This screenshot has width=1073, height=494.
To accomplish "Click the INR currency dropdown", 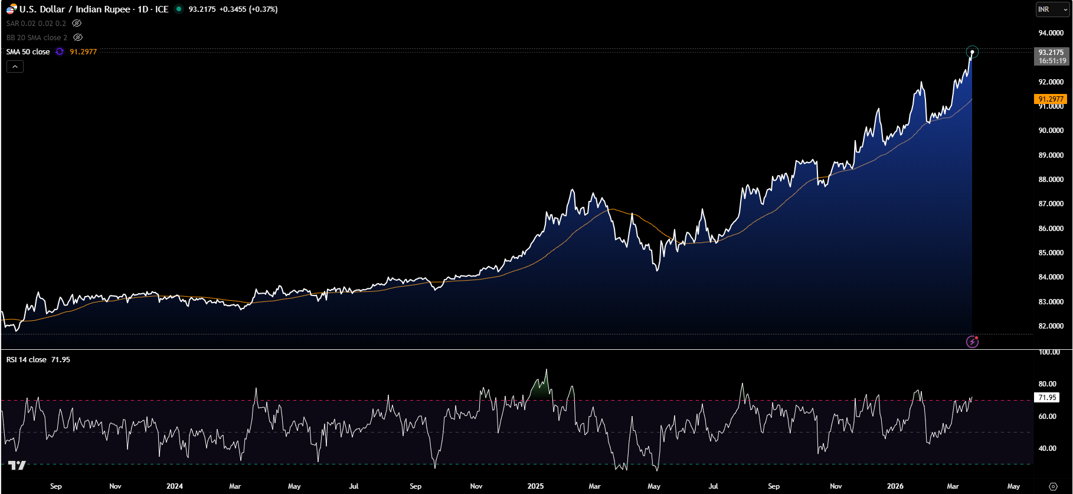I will coord(1053,9).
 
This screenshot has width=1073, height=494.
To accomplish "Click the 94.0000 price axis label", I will coord(1051,33).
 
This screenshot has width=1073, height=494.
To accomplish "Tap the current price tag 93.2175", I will coord(1052,53).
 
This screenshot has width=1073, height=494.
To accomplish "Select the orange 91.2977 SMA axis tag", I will coord(1051,99).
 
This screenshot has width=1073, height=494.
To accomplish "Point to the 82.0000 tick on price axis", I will coord(1051,326).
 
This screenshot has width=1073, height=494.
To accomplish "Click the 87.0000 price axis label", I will coord(1051,204).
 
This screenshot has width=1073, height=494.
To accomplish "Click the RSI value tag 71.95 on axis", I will coord(1047,398).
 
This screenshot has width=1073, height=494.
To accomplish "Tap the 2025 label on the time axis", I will coord(535,486).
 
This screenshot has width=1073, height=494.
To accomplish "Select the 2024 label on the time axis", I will coord(175,486).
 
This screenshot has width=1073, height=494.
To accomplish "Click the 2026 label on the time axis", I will coord(895,486).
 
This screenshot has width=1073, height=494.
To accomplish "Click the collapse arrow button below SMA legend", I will coord(15,67).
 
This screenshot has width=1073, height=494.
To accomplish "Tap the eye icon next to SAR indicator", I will coord(77,24).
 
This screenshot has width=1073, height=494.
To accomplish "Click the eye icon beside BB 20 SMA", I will coord(78,38).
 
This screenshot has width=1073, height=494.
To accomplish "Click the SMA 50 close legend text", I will coord(28,52).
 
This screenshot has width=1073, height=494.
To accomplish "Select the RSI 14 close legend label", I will coord(27,360).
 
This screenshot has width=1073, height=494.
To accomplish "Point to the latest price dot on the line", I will coord(972,52).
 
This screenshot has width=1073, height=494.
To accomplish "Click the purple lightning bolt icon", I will coord(972,342).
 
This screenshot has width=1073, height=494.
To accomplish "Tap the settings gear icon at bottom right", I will coord(1053,486).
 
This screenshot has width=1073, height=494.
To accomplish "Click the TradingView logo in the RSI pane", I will coord(17,466).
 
